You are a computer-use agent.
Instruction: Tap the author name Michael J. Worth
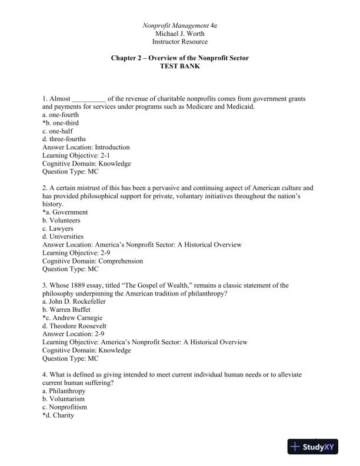pos(180,34)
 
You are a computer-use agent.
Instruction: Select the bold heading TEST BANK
pos(180,67)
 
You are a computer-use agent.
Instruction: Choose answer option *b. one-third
pos(61,123)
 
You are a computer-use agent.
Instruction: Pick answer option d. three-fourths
pos(64,139)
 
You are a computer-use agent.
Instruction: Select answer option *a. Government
pos(65,212)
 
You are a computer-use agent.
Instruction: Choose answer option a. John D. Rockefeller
pos(74,301)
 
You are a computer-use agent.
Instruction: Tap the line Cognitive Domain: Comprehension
pos(93,261)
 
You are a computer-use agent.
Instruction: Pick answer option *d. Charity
pos(58,415)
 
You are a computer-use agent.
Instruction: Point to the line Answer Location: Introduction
pos(86,147)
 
